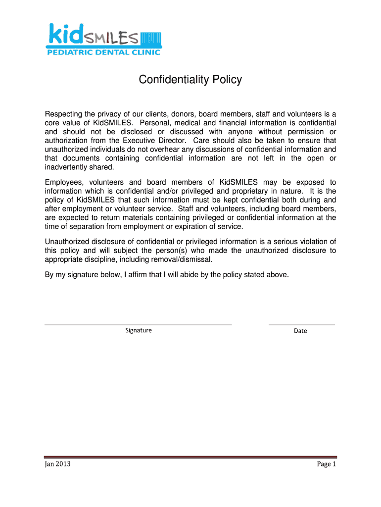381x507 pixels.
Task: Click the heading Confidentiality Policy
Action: tap(190, 80)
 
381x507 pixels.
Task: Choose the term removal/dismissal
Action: tap(184, 259)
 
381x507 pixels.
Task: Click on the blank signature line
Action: tap(138, 324)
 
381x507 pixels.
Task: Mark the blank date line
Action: tap(301, 324)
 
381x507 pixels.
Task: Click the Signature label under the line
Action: tap(139, 331)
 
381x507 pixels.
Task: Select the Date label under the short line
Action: tap(300, 331)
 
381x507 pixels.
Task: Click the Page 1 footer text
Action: tap(326, 464)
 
